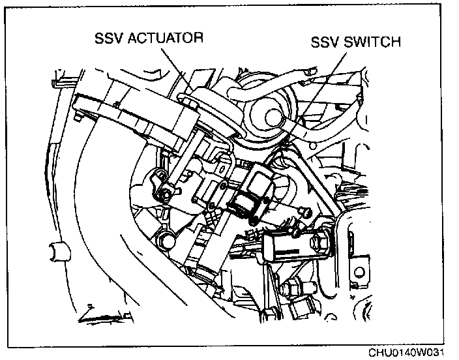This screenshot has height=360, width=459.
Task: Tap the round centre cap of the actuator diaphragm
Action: pos(271,116)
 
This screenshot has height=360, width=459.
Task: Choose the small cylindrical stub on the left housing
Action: pos(57,250)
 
